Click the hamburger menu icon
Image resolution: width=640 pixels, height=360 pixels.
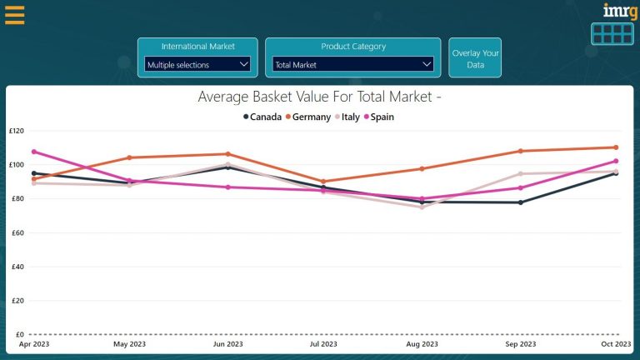click(14, 15)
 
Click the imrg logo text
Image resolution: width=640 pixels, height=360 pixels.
click(618, 11)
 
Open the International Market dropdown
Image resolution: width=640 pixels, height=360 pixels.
click(197, 64)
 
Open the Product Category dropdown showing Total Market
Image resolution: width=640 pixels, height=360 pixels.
click(352, 64)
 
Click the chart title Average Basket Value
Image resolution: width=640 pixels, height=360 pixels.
click(319, 97)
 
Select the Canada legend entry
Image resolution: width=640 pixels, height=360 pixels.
click(262, 117)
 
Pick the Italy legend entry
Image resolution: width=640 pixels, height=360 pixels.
click(347, 117)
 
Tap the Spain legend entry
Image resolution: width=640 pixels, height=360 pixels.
click(379, 117)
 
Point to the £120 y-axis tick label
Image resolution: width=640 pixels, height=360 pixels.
click(17, 131)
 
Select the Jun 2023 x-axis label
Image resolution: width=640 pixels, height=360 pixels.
click(227, 344)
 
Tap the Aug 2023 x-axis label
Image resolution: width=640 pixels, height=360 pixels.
click(422, 344)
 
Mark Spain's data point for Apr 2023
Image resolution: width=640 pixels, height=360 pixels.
click(33, 152)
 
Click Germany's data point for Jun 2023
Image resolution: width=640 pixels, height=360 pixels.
click(227, 154)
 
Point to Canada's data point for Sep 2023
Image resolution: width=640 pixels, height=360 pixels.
click(520, 202)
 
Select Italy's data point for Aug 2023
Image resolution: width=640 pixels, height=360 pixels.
click(422, 207)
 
